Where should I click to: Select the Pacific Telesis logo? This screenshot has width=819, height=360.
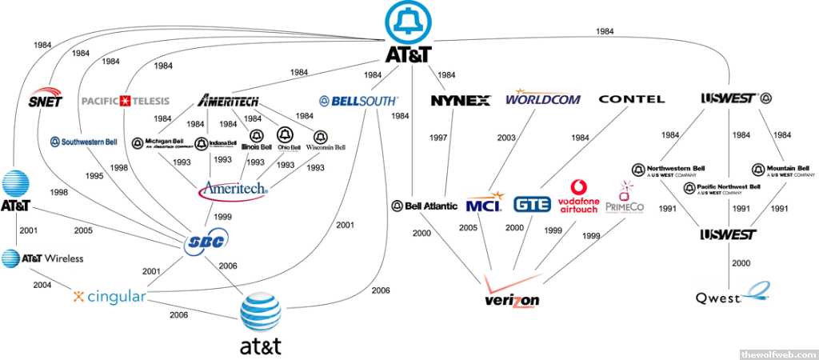pyautogui.click(x=125, y=101)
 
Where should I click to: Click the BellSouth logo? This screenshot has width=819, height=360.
pyautogui.click(x=358, y=101)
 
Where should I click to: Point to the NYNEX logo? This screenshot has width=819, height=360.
pyautogui.click(x=460, y=101)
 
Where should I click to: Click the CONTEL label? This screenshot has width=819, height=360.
pyautogui.click(x=631, y=99)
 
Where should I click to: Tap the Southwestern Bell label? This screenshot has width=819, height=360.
pyautogui.click(x=84, y=142)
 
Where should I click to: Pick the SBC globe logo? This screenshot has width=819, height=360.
pyautogui.click(x=205, y=243)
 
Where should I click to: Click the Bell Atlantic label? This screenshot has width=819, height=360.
pyautogui.click(x=425, y=206)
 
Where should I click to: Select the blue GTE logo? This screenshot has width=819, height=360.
pyautogui.click(x=532, y=204)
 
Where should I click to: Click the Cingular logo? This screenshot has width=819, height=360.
pyautogui.click(x=110, y=297)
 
